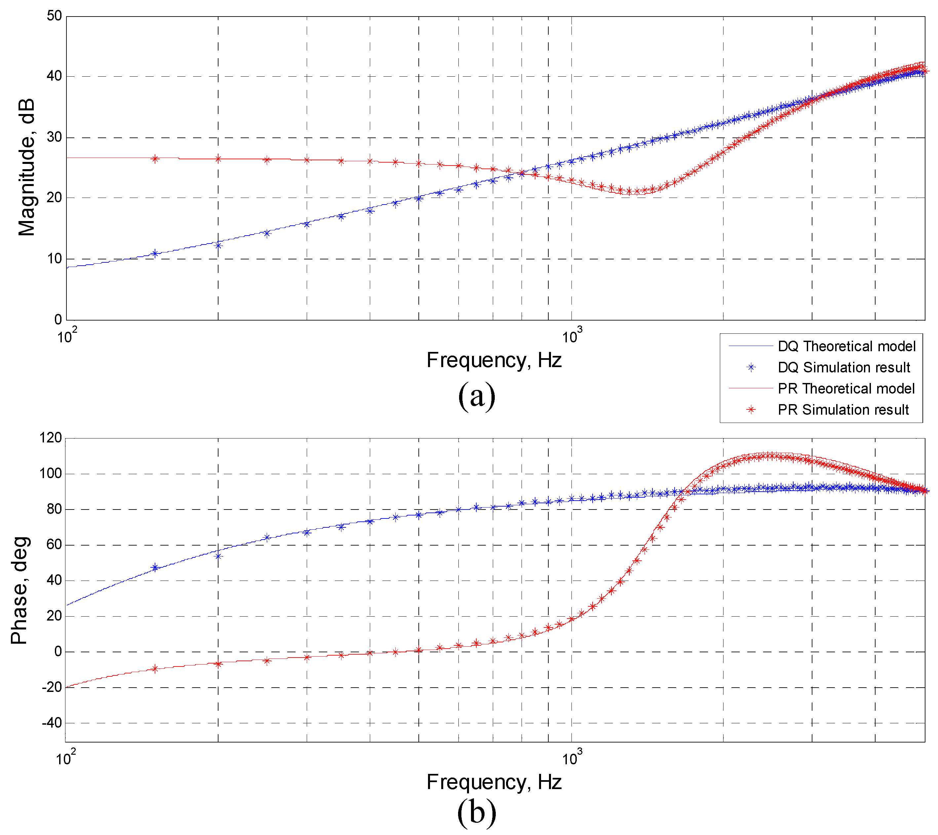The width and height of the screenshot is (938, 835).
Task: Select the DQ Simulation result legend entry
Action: pyautogui.click(x=843, y=367)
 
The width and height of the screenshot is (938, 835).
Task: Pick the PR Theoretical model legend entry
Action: pyautogui.click(x=846, y=389)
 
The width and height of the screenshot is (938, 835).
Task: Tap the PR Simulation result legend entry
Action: pyautogui.click(x=843, y=410)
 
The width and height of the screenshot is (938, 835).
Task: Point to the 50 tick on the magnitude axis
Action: pyautogui.click(x=54, y=16)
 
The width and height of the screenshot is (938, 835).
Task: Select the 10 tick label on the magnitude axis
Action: pyautogui.click(x=54, y=259)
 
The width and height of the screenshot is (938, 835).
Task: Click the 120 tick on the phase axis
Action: pyautogui.click(x=51, y=438)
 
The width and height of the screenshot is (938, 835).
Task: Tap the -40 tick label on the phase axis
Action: pyautogui.click(x=52, y=723)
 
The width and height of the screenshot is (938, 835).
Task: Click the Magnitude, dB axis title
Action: pyautogui.click(x=27, y=168)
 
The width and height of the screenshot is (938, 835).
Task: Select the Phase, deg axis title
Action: pyautogui.click(x=20, y=590)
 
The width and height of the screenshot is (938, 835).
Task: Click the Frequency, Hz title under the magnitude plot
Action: pyautogui.click(x=494, y=360)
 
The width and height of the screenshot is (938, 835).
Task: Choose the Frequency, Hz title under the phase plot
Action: pyautogui.click(x=494, y=782)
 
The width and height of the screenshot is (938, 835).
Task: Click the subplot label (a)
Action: pyautogui.click(x=477, y=396)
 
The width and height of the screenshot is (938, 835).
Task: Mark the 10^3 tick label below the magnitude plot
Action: pyautogui.click(x=572, y=336)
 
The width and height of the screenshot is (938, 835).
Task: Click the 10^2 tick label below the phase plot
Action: pyautogui.click(x=66, y=758)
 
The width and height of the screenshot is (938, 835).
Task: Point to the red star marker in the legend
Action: pyautogui.click(x=751, y=410)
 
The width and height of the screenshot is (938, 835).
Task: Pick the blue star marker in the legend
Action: pyautogui.click(x=751, y=367)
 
